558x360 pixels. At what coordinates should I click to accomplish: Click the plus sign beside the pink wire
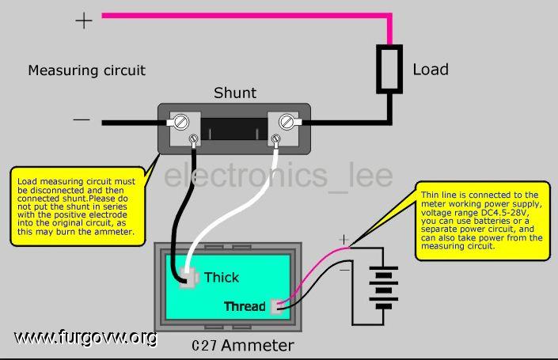(84, 21)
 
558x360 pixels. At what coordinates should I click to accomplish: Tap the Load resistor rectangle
(389, 69)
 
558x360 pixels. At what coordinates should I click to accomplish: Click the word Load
(431, 70)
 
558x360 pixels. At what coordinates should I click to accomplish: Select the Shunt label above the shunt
(235, 93)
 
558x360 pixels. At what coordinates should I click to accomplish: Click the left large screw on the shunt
(181, 122)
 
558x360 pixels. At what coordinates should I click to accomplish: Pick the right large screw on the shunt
(286, 122)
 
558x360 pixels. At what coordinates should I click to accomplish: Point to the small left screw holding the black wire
(193, 138)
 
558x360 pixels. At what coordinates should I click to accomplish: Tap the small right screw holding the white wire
(275, 138)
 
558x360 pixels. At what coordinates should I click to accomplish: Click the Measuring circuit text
(87, 70)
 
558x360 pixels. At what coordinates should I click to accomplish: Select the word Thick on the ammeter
(222, 278)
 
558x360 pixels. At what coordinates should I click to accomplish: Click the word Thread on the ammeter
(245, 306)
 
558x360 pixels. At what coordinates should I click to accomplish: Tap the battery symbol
(383, 288)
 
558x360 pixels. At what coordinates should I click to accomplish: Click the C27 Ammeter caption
(243, 346)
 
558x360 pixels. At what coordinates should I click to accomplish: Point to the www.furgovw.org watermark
(85, 337)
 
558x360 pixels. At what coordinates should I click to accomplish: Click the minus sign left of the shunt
(82, 119)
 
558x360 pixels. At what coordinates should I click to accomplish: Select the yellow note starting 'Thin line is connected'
(483, 221)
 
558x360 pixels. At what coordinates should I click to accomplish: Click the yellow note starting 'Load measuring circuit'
(78, 207)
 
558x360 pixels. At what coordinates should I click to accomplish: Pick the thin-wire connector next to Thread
(276, 307)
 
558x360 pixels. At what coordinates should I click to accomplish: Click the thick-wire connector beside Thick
(188, 277)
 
